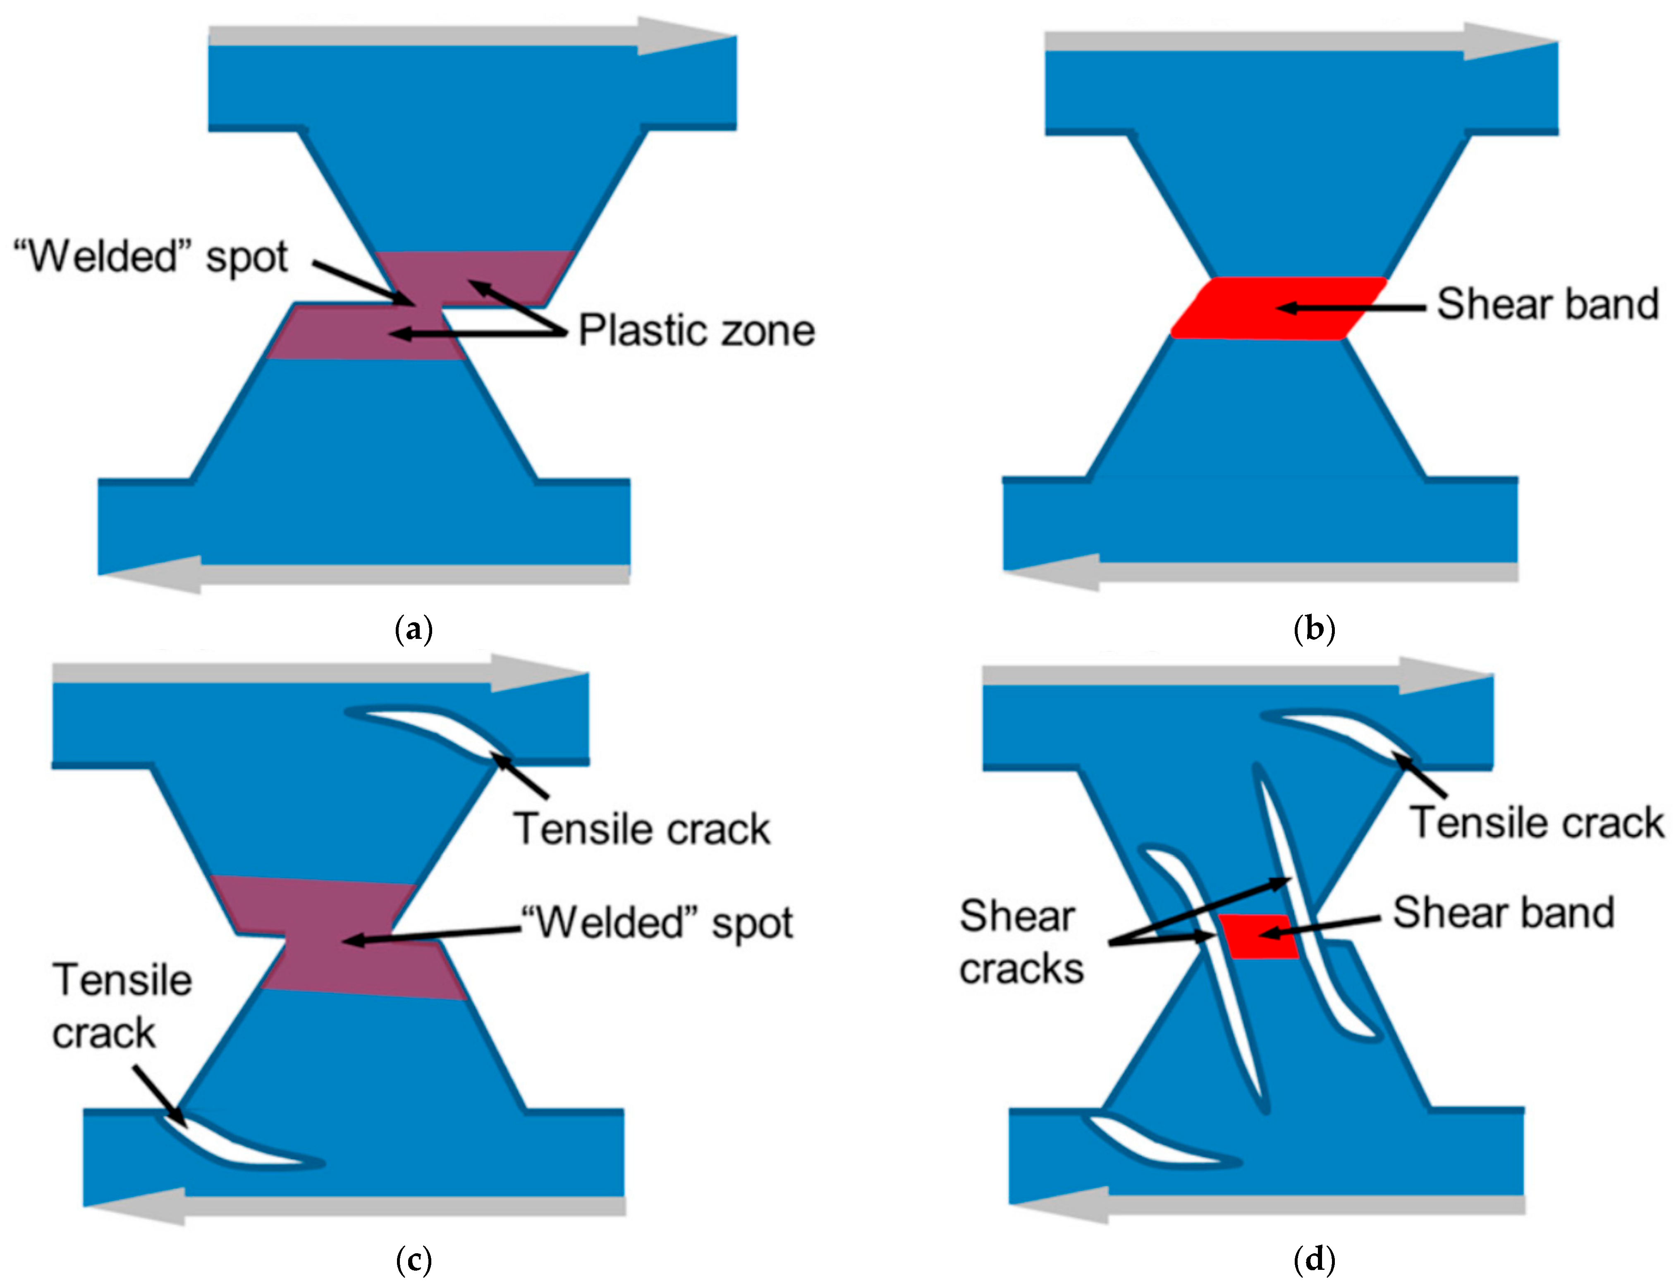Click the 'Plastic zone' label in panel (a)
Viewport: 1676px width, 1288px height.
(696, 331)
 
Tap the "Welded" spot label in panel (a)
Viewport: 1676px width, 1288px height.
(151, 256)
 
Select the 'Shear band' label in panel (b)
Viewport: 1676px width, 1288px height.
(1547, 304)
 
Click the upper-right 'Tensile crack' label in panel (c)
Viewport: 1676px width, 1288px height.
(642, 829)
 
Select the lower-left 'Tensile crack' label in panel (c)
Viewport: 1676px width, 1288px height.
(121, 1006)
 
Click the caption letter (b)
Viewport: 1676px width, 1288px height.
(1314, 630)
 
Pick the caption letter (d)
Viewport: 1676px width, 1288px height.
(1314, 1259)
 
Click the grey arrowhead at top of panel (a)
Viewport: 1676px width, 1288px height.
(682, 36)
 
